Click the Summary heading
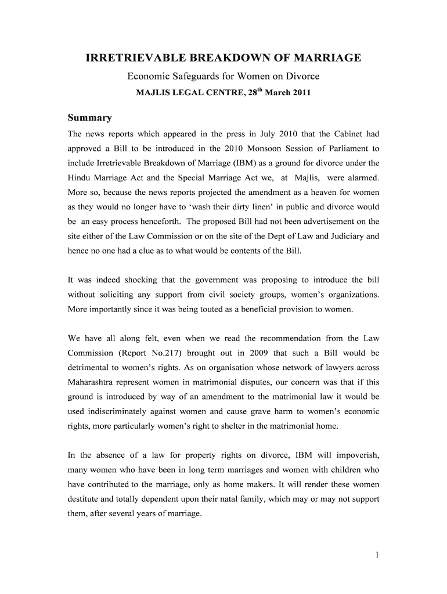90,118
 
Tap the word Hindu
80,178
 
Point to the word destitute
85,499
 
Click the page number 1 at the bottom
377,556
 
